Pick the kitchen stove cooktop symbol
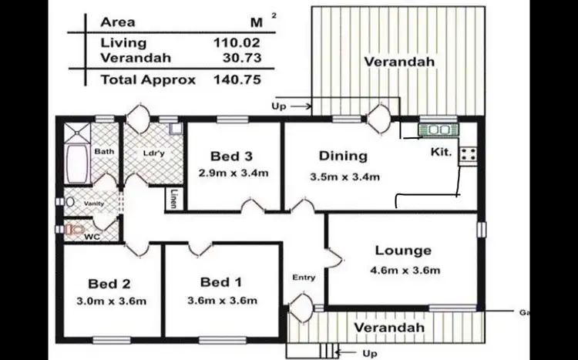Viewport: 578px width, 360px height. pyautogui.click(x=467, y=154)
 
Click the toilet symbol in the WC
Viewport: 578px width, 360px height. pyautogui.click(x=73, y=229)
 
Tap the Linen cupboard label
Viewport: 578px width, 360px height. pyautogui.click(x=175, y=198)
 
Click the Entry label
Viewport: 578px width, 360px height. pyautogui.click(x=304, y=278)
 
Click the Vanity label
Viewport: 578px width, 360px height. pyautogui.click(x=94, y=203)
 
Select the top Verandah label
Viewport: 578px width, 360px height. pyautogui.click(x=400, y=61)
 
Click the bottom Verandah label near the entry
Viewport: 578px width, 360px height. pyautogui.click(x=389, y=328)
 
